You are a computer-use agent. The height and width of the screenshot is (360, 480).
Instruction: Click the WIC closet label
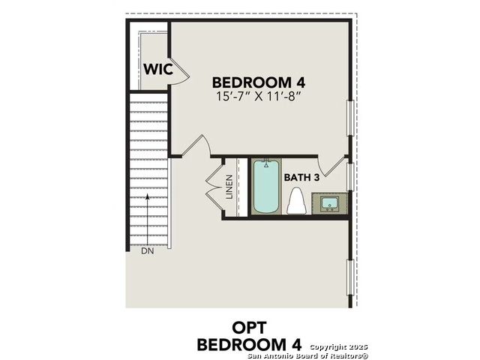pos(158,69)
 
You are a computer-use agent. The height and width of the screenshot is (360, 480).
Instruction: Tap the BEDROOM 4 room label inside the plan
pos(259,82)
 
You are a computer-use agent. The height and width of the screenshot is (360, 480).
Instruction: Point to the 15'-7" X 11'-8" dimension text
pos(257,97)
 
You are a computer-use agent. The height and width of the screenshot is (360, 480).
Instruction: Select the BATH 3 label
pos(301,178)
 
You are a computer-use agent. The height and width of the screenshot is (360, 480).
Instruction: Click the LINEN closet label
pos(229,187)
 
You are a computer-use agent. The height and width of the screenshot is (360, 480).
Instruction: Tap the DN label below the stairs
pos(148,251)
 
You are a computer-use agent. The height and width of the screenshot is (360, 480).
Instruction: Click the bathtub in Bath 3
pos(266,187)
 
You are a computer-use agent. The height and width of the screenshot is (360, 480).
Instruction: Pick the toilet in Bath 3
pos(297,201)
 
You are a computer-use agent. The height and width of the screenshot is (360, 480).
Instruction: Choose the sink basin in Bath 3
pos(329,204)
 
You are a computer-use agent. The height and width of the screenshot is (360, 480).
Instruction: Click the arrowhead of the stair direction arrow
pos(148,196)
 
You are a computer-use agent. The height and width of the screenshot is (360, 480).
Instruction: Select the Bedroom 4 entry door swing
pos(196,146)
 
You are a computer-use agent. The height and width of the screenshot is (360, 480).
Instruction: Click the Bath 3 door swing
pos(332,167)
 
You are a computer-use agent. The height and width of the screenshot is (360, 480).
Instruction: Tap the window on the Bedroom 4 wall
pos(350,118)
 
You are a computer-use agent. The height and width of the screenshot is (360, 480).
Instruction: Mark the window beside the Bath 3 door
pos(350,177)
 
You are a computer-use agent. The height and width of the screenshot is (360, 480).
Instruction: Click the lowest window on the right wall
pos(350,277)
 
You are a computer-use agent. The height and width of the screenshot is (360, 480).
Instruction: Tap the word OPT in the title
pos(249,328)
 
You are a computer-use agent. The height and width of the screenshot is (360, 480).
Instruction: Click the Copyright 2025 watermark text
pos(338,347)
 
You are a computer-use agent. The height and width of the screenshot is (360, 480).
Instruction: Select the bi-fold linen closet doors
pos(215,187)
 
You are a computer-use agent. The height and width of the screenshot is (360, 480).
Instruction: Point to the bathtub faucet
pos(266,163)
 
